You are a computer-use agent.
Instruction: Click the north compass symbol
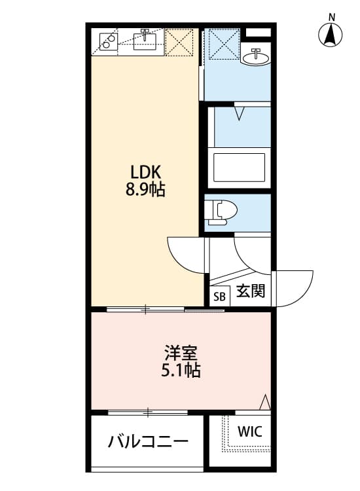[x=332, y=33]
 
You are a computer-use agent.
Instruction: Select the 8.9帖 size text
[x=146, y=191]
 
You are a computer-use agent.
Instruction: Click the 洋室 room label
[x=181, y=353]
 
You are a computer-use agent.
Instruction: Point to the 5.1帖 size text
[x=181, y=371]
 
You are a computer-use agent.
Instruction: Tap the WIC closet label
[x=249, y=432]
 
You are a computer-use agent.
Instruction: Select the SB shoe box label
[x=219, y=296]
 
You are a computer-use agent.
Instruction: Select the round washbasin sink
[x=255, y=58]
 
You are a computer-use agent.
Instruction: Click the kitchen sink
[x=145, y=41]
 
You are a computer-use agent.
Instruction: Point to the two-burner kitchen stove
[x=107, y=41]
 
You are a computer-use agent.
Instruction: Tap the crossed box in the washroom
[x=223, y=45]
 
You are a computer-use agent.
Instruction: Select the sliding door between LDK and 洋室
[x=164, y=308]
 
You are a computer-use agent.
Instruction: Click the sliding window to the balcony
[x=148, y=412]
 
